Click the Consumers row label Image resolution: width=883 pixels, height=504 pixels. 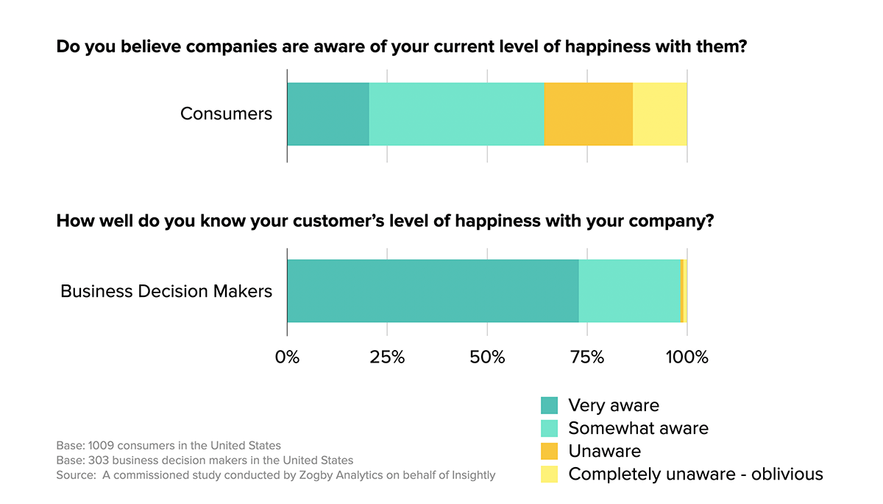[226, 113]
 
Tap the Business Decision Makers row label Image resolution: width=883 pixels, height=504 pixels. [166, 291]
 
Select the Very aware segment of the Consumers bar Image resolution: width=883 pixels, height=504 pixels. [328, 114]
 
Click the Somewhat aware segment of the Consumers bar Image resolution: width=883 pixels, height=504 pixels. [457, 114]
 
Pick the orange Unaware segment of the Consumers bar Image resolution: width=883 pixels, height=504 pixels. [589, 114]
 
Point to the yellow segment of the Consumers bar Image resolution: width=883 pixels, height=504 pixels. [660, 114]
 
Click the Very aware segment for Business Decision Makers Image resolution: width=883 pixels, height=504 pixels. [433, 291]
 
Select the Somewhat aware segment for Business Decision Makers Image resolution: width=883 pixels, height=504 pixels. [630, 291]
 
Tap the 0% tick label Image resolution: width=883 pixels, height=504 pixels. [287, 357]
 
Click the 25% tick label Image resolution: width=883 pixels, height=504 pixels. [387, 357]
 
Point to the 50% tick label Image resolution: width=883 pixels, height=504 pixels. [487, 357]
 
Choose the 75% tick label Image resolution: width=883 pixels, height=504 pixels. [587, 357]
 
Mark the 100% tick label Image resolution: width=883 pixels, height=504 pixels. [687, 357]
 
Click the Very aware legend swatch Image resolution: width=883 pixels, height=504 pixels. [549, 405]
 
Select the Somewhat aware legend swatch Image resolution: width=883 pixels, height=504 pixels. [549, 428]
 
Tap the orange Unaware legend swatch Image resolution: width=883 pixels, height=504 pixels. [549, 451]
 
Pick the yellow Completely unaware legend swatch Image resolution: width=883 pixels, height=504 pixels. [549, 474]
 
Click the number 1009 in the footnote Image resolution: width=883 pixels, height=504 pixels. [101, 446]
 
